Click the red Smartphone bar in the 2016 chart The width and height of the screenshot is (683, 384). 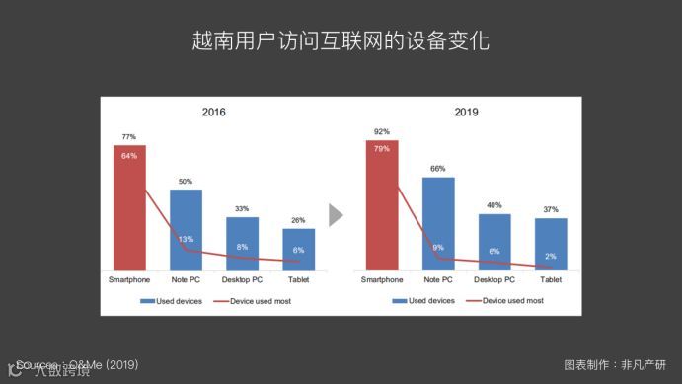click(129, 207)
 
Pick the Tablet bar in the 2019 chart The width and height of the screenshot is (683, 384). click(551, 244)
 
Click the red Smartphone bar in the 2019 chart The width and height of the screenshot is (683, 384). click(382, 204)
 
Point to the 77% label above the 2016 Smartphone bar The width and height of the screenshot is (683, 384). click(129, 137)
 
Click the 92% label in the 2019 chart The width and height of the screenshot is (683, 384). click(382, 131)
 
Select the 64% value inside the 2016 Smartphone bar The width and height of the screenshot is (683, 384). click(129, 155)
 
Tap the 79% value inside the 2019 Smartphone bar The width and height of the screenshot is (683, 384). click(382, 148)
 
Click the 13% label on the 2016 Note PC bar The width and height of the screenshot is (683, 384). click(186, 239)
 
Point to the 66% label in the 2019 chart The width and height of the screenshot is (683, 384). click(438, 169)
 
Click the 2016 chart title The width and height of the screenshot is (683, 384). click(213, 113)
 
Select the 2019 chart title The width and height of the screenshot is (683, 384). click(466, 113)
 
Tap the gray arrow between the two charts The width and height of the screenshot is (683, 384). click(336, 215)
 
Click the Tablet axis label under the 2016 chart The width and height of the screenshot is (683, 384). click(298, 280)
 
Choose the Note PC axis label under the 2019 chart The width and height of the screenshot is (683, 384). click(438, 280)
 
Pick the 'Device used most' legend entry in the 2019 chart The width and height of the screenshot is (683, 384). click(507, 300)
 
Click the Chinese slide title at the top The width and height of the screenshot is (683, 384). click(341, 42)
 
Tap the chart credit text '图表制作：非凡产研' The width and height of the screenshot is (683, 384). click(614, 363)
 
